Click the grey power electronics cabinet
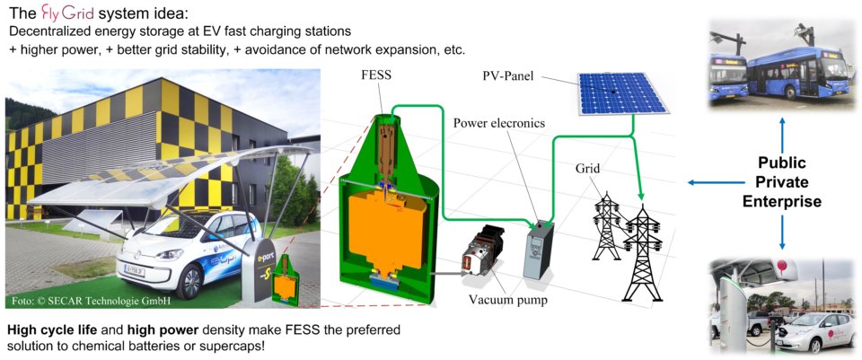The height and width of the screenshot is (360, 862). point(539,250)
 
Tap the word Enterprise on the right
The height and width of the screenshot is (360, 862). point(782,202)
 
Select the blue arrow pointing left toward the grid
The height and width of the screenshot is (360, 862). point(709,183)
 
